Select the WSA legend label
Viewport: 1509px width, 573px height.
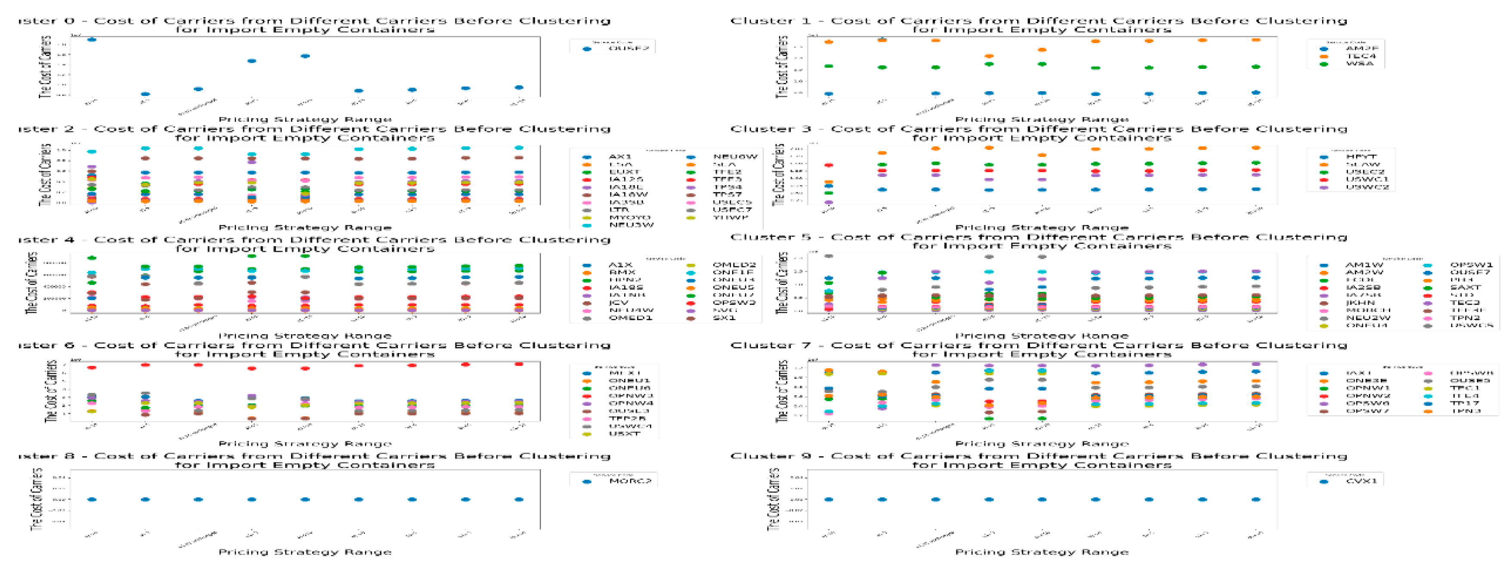[x=1359, y=64]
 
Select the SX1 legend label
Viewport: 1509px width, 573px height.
[x=724, y=318]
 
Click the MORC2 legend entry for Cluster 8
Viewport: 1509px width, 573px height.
[x=630, y=481]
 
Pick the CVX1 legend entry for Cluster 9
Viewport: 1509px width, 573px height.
[x=1361, y=481]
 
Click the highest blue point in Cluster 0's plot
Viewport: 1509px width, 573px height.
[x=91, y=39]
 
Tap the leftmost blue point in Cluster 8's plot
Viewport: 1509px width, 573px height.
[x=91, y=500]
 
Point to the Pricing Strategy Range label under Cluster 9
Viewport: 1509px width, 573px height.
[x=1042, y=552]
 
